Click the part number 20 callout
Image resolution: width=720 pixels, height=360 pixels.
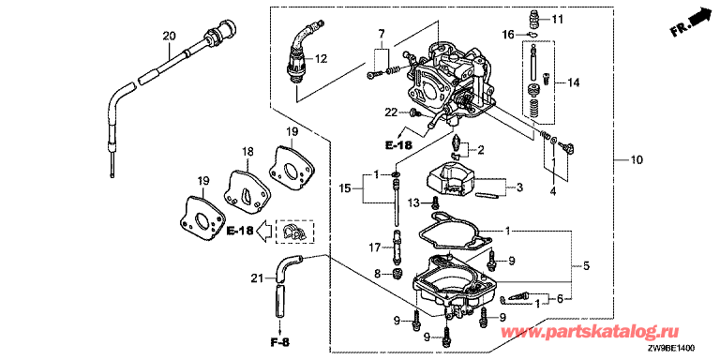point(170,36)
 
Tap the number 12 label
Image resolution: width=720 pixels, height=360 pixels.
point(321,59)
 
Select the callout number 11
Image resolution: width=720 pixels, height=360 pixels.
point(557,20)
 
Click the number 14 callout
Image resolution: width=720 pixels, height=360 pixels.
point(573,83)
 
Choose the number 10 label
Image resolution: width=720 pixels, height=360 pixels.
point(637,159)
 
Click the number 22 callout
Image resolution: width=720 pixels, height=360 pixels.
point(391,112)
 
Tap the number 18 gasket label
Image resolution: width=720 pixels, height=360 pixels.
point(247,151)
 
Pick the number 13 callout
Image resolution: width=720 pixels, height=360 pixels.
point(414,202)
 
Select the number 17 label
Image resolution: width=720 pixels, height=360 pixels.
point(375,247)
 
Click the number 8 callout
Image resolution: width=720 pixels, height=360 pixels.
point(378,274)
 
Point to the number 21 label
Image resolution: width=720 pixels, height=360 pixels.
point(257,277)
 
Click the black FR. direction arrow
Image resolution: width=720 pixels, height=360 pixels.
point(697,19)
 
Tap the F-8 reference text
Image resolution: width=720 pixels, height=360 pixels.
point(280,342)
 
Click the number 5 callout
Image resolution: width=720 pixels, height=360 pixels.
point(587,266)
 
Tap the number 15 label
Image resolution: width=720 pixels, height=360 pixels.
point(345,187)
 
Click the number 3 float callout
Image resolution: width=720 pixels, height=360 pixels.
point(519,187)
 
